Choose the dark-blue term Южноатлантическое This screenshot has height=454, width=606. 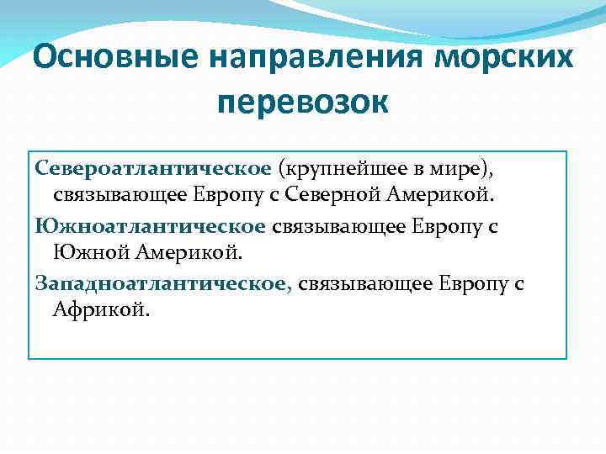[x=151, y=225]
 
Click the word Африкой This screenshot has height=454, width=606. [x=100, y=312]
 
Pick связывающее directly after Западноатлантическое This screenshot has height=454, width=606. [x=365, y=283]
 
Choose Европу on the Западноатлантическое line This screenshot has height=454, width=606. [x=474, y=283]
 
